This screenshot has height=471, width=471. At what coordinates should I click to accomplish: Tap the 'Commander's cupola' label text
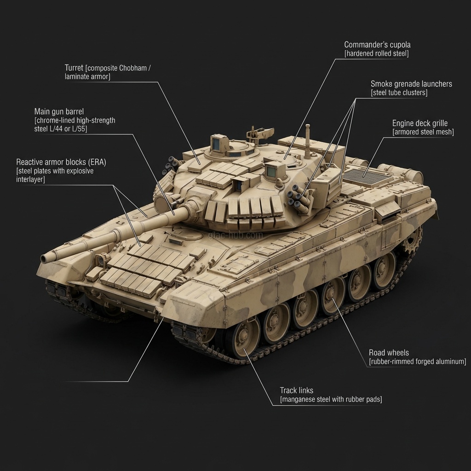click(x=377, y=45)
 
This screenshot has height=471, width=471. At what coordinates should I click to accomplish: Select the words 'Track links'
click(x=297, y=391)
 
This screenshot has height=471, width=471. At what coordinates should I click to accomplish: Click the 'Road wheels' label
click(x=389, y=353)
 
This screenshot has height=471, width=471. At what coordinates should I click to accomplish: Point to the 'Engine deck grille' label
click(x=419, y=123)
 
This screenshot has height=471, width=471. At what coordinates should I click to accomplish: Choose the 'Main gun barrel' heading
click(x=59, y=112)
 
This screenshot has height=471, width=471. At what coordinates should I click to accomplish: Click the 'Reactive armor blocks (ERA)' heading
click(x=61, y=162)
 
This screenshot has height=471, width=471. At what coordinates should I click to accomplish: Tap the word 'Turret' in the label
click(x=74, y=68)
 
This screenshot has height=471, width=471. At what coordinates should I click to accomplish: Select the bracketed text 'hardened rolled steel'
click(x=377, y=54)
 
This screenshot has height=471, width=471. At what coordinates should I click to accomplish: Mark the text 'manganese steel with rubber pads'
click(x=331, y=400)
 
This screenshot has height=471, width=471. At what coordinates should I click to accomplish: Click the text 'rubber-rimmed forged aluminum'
click(x=417, y=362)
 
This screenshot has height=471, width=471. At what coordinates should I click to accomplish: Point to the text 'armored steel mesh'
click(x=423, y=132)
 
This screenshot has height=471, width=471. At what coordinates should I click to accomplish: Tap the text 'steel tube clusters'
click(x=399, y=93)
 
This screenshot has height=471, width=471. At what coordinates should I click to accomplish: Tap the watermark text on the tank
click(x=235, y=235)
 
